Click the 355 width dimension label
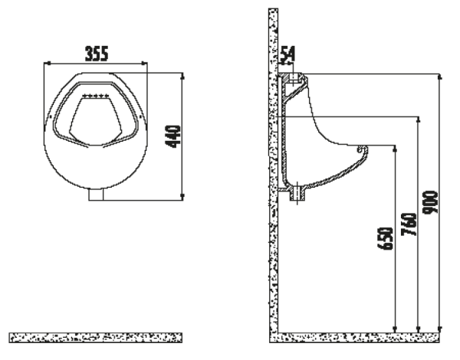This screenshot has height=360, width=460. [97, 54]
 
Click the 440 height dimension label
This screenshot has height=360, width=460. [173, 136]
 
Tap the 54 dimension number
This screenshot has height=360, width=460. [287, 55]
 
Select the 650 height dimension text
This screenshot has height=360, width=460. [385, 238]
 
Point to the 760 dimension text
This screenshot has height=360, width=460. [409, 224]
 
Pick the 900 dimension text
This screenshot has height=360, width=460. [430, 202]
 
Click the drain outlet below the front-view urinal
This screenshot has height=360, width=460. [97, 195]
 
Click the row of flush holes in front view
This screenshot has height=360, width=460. [96, 96]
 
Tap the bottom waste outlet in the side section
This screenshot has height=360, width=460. [297, 194]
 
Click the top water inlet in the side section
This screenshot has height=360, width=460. [294, 78]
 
